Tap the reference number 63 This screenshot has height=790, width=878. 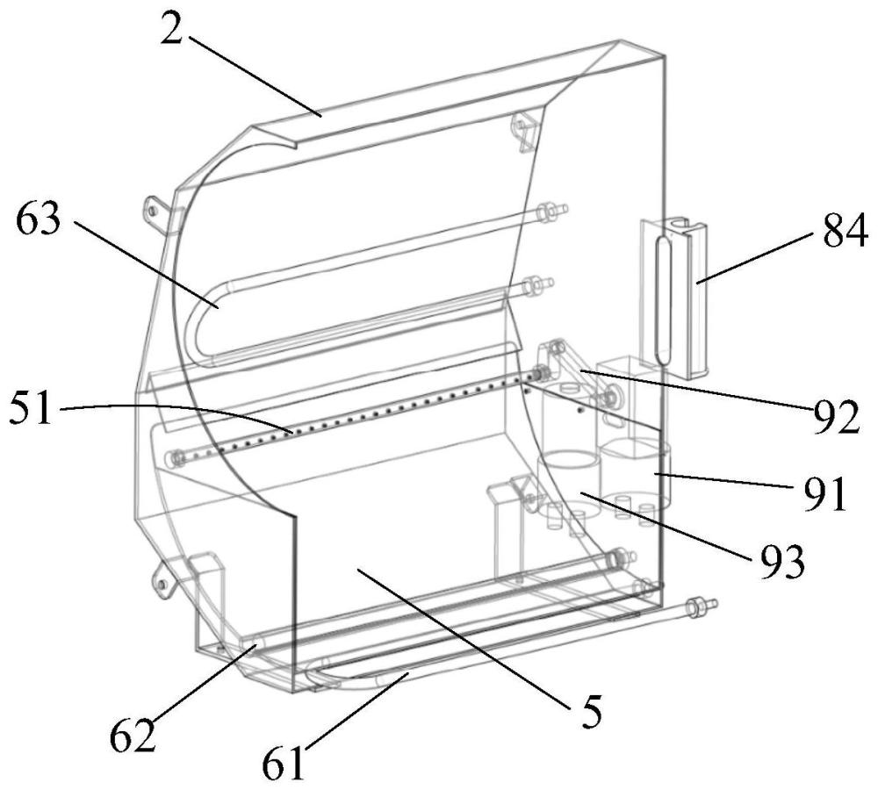[38, 219]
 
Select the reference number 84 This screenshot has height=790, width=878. [845, 229]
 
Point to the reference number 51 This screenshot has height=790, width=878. [31, 409]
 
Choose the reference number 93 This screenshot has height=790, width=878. [781, 559]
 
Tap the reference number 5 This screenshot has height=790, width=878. [590, 710]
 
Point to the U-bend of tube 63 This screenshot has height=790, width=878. [193, 325]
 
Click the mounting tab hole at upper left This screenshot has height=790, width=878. [151, 210]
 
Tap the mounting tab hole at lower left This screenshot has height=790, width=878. [162, 585]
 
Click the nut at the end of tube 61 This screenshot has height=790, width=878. [696, 606]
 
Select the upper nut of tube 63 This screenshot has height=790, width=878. [544, 212]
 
